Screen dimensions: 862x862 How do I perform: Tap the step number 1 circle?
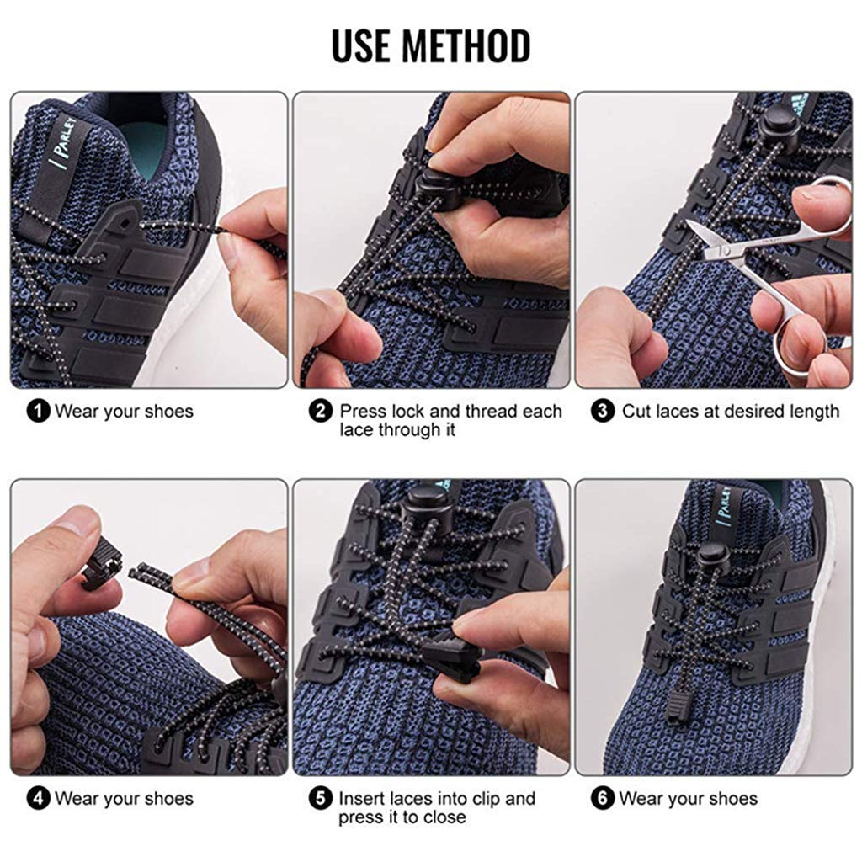click(x=38, y=412)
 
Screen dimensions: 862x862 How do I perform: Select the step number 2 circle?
click(x=321, y=412)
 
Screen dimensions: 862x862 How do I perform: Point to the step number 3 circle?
click(x=603, y=412)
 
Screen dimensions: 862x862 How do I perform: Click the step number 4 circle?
click(x=38, y=799)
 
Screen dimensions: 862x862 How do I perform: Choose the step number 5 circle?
click(x=321, y=799)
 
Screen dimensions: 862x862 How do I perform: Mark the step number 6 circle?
click(x=603, y=799)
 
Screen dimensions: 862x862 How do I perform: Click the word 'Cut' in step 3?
click(x=637, y=412)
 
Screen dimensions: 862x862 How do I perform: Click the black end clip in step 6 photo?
click(x=679, y=704)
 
